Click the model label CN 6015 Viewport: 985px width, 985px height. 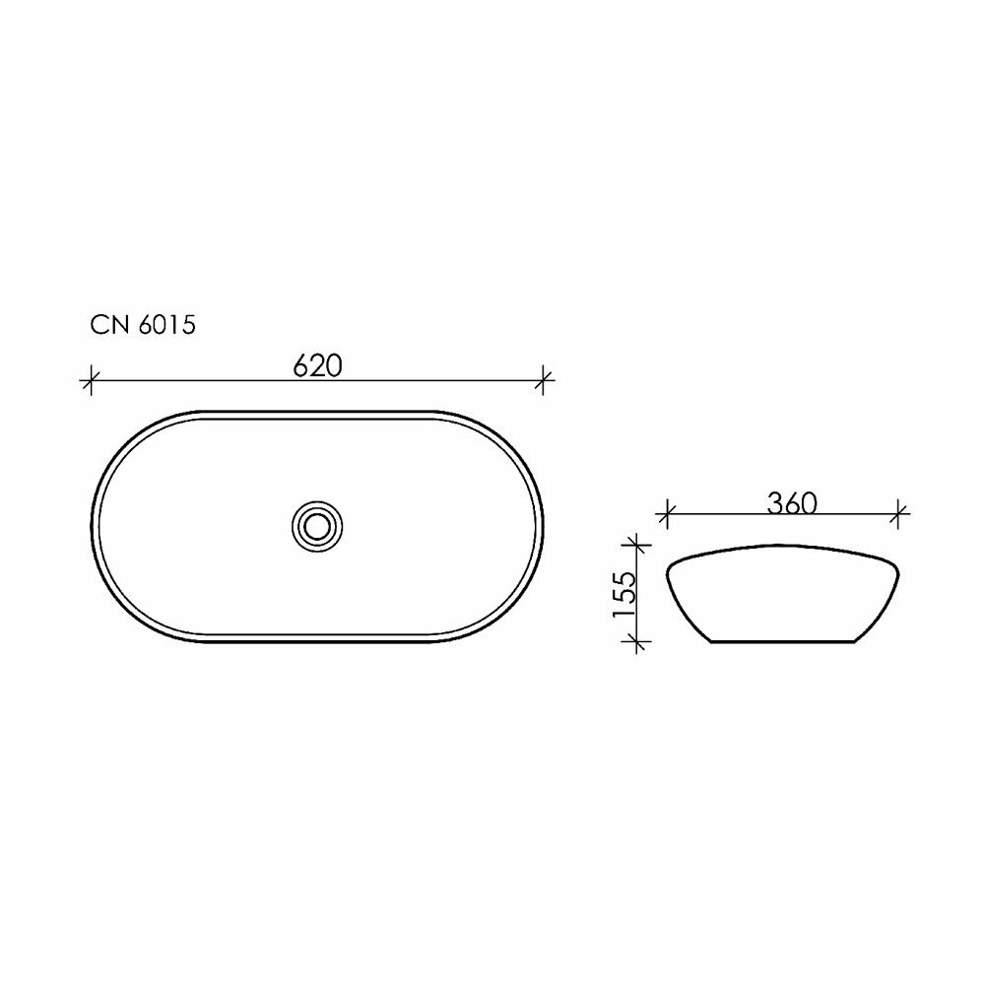pos(143,325)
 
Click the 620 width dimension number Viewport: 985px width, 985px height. pos(318,366)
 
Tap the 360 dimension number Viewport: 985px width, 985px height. pos(792,503)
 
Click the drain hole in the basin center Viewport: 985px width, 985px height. pos(317,526)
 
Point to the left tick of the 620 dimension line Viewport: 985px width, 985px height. pos(91,380)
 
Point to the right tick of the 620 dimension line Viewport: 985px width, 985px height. pos(544,380)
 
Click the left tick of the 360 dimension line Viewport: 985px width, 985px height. pos(667,515)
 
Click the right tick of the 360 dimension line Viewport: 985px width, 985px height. pos(900,515)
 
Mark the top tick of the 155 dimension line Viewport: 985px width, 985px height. pos(637,545)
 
